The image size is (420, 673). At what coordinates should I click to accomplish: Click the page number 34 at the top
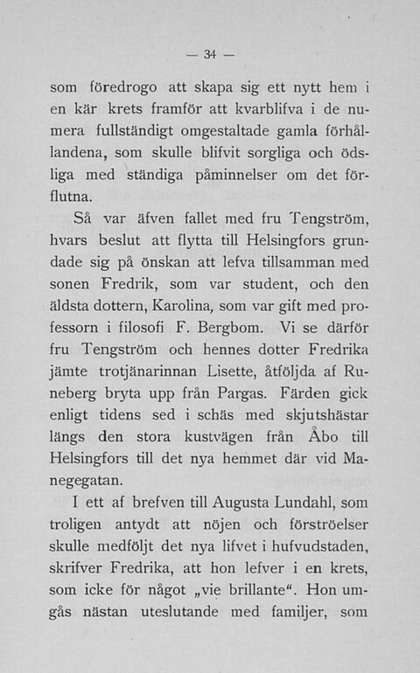point(209,55)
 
